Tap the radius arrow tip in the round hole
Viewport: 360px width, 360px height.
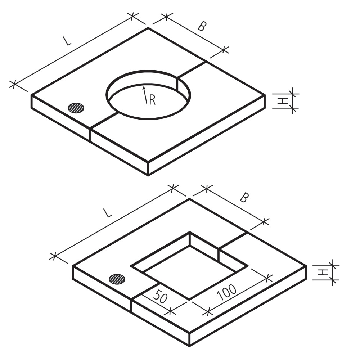coord(144,87)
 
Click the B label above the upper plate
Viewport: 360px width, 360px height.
coord(202,26)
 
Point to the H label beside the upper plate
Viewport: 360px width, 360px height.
coord(284,101)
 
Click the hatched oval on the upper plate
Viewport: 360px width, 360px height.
coord(76,108)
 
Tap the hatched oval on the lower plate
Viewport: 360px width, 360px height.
coord(117,278)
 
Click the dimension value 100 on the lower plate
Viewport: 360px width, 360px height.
coord(227,293)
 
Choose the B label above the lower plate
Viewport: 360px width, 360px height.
coord(244,198)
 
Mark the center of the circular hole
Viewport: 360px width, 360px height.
coord(148,94)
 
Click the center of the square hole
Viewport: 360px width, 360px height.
coord(189,266)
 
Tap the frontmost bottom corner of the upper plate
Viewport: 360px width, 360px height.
coord(148,175)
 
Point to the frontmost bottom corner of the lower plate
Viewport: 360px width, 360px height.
coord(189,346)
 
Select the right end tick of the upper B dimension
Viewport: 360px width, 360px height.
coord(225,50)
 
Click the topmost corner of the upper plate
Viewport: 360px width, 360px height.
coord(148,28)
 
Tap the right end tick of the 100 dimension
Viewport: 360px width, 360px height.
coord(267,278)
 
